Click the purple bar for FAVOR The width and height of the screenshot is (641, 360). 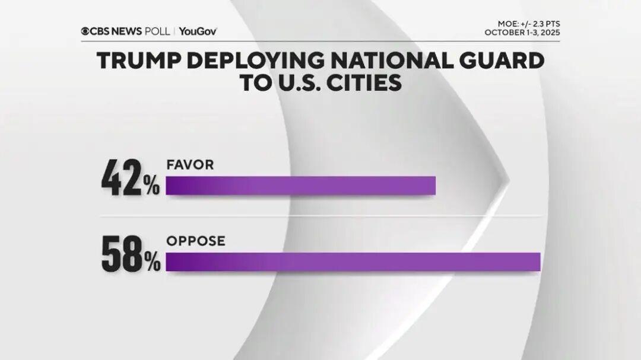(300, 186)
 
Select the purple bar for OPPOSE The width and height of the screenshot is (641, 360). (353, 262)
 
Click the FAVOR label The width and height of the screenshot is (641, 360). (189, 165)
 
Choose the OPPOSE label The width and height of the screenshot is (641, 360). (195, 241)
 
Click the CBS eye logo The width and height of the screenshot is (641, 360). (85, 31)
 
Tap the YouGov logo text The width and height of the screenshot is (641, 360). (196, 31)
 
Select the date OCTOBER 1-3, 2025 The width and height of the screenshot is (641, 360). (522, 33)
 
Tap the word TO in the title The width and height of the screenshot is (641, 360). (253, 83)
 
